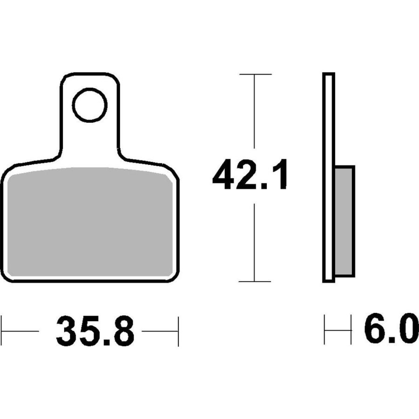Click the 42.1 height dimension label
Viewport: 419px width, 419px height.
point(250,175)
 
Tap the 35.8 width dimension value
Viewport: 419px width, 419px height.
point(95,331)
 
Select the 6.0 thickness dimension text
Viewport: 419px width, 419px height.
point(391,328)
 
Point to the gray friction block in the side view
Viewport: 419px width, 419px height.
point(345,221)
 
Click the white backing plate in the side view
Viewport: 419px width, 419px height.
point(329,177)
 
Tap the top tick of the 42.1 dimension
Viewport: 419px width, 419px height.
point(256,74)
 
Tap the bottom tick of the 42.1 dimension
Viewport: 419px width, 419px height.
point(255,281)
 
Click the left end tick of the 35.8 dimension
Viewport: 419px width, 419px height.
point(1,331)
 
